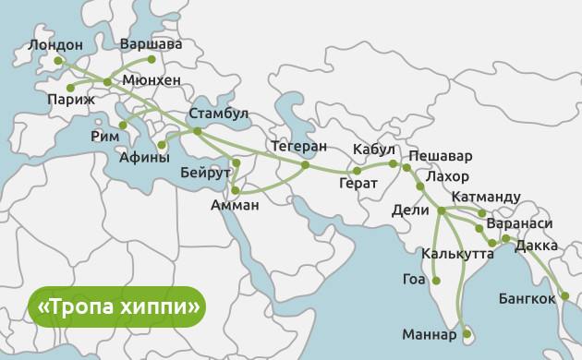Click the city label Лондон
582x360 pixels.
point(55,44)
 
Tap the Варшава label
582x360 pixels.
point(152,43)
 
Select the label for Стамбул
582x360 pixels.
point(219,114)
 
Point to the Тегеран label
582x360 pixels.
point(299,146)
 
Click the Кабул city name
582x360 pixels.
point(374,150)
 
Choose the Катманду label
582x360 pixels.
point(486,197)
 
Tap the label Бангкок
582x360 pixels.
point(527,298)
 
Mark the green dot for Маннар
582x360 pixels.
point(467,332)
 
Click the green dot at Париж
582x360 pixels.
point(70,88)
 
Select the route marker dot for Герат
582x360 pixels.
point(357,171)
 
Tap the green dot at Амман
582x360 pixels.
point(236,191)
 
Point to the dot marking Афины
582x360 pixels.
point(162,145)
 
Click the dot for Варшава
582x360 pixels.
point(152,59)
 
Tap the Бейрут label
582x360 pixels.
point(205,173)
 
